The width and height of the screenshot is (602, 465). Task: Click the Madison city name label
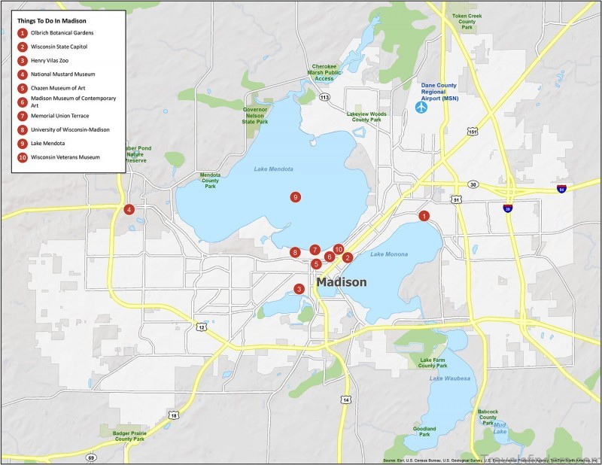[x=342, y=282]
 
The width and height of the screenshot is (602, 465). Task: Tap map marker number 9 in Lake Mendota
[x=296, y=197]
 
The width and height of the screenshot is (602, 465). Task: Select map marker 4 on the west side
[x=129, y=209]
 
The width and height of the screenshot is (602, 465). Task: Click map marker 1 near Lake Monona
[x=424, y=216]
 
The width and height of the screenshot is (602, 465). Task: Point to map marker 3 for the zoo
[x=299, y=289]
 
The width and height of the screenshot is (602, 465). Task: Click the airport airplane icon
[x=421, y=107]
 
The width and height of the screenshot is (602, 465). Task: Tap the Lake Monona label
[x=389, y=254]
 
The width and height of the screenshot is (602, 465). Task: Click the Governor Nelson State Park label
[x=255, y=115]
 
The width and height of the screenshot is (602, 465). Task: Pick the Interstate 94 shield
[x=561, y=188]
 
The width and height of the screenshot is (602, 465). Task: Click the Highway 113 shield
[x=325, y=98]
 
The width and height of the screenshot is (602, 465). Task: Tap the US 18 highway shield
[x=174, y=415]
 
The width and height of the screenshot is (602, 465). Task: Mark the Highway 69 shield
[x=91, y=457]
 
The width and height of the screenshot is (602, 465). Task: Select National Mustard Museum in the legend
[x=63, y=74]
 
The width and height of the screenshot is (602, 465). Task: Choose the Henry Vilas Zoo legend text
[x=52, y=60]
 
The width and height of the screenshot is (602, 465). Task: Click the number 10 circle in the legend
[x=23, y=158]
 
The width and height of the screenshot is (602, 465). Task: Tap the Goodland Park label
[x=424, y=431]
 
